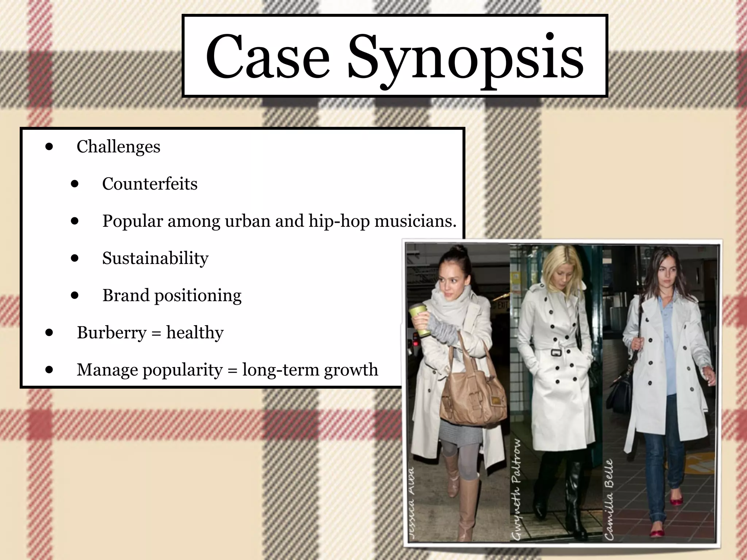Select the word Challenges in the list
coord(118,147)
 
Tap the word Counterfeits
coord(150,184)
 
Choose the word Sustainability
coord(155,258)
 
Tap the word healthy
coord(195,332)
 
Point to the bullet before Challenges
coord(49,147)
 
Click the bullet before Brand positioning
coord(75,296)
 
